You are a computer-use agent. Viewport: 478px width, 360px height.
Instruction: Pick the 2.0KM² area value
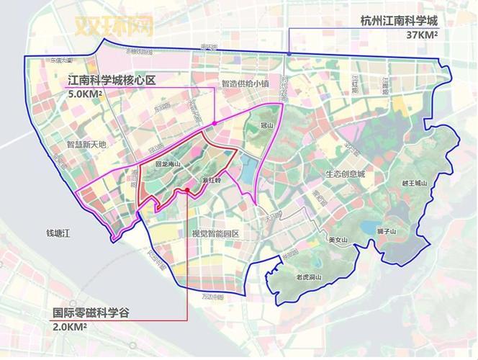70,328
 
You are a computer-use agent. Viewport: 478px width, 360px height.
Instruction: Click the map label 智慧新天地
86,144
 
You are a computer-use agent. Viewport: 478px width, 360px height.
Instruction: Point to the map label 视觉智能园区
215,234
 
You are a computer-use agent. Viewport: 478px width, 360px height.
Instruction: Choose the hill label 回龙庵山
168,164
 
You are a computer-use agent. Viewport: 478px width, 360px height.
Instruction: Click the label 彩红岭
210,183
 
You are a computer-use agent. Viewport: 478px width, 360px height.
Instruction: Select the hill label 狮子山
387,232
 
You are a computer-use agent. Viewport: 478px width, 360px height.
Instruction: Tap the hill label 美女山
338,240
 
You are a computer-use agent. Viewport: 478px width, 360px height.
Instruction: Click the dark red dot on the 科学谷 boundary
186,190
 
